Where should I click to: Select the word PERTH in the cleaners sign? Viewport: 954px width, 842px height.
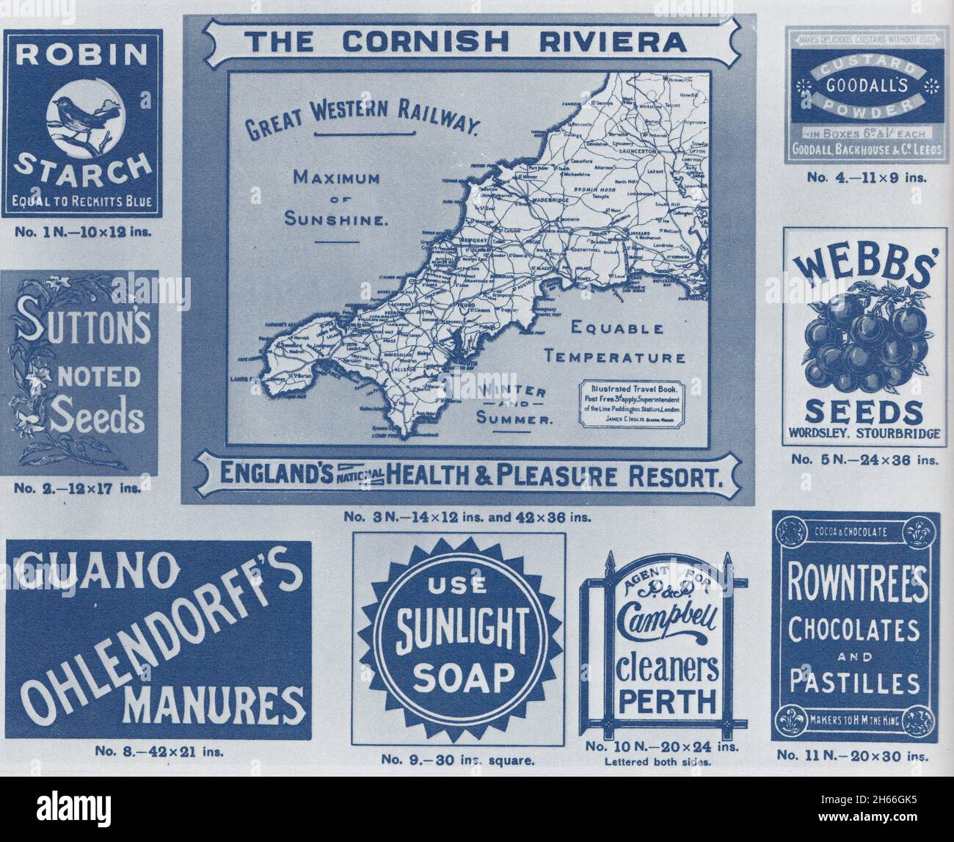666,702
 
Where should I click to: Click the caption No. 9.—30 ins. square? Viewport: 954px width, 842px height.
459,760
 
